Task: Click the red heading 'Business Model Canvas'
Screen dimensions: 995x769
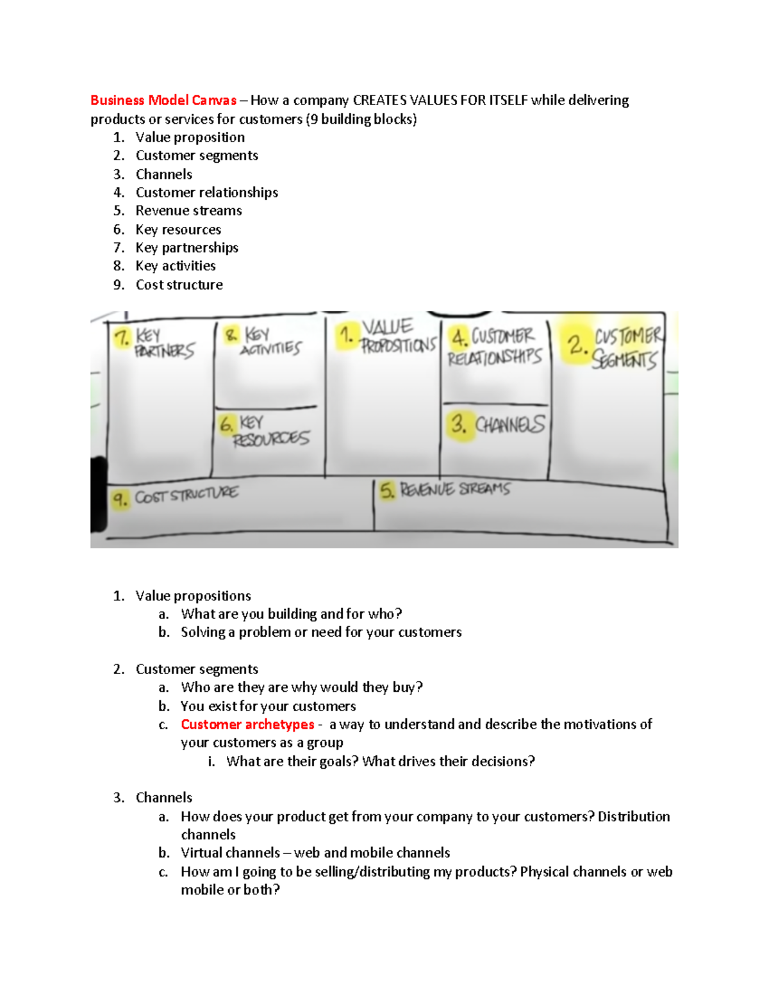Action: click(x=163, y=100)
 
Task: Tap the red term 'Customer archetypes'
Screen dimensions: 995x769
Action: click(x=247, y=724)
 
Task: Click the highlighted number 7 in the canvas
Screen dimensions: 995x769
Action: click(x=121, y=337)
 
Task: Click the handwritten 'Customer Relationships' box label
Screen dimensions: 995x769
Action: click(x=495, y=347)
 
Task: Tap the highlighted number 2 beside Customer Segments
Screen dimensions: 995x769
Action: click(x=576, y=345)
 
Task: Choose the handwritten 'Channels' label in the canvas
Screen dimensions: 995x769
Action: click(x=509, y=424)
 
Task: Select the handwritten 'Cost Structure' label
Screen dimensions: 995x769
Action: click(x=186, y=495)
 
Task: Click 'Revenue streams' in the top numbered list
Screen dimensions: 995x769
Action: click(x=188, y=211)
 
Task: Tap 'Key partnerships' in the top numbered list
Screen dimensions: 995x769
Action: click(x=186, y=247)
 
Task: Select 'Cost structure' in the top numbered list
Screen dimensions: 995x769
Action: click(x=179, y=284)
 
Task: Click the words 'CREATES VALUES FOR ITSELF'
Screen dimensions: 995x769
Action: click(x=440, y=100)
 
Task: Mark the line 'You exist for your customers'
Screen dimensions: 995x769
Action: click(x=268, y=706)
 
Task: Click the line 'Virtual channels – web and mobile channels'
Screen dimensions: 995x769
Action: click(x=315, y=853)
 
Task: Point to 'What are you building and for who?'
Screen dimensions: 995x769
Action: click(x=291, y=614)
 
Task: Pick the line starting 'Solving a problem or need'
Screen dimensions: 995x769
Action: click(x=321, y=632)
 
